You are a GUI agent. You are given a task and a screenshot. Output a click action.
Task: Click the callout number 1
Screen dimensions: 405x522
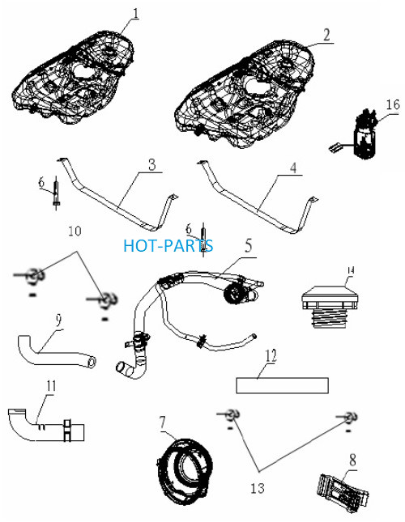click(x=135, y=13)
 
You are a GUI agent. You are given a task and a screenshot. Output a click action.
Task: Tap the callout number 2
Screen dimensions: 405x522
click(x=326, y=35)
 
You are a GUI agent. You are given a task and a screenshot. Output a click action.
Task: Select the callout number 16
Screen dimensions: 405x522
click(x=393, y=104)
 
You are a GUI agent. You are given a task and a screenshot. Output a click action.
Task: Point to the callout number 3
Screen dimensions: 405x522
click(x=152, y=164)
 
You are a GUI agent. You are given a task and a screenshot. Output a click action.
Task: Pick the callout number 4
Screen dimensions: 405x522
click(x=292, y=168)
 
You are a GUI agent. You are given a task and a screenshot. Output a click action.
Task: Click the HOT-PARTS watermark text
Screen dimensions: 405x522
click(x=168, y=245)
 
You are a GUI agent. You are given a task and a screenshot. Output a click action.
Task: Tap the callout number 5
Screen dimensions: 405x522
click(x=249, y=245)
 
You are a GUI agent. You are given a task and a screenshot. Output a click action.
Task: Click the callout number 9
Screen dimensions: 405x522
click(x=58, y=320)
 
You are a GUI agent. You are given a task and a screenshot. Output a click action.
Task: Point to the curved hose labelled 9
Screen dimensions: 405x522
click(x=55, y=353)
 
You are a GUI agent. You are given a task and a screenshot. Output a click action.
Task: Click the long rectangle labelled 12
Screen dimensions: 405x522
click(x=283, y=385)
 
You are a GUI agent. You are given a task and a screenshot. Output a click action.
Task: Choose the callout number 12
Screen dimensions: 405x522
click(x=271, y=355)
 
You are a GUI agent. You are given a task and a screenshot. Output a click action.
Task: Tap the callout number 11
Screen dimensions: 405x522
click(x=51, y=386)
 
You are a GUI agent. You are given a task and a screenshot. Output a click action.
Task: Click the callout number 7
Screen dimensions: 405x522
click(x=162, y=422)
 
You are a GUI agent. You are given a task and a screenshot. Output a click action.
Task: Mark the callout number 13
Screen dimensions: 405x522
click(x=258, y=488)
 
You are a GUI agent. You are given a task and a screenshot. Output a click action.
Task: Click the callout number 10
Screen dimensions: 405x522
click(x=75, y=231)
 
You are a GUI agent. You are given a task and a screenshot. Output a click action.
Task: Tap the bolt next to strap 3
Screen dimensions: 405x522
click(x=56, y=193)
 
